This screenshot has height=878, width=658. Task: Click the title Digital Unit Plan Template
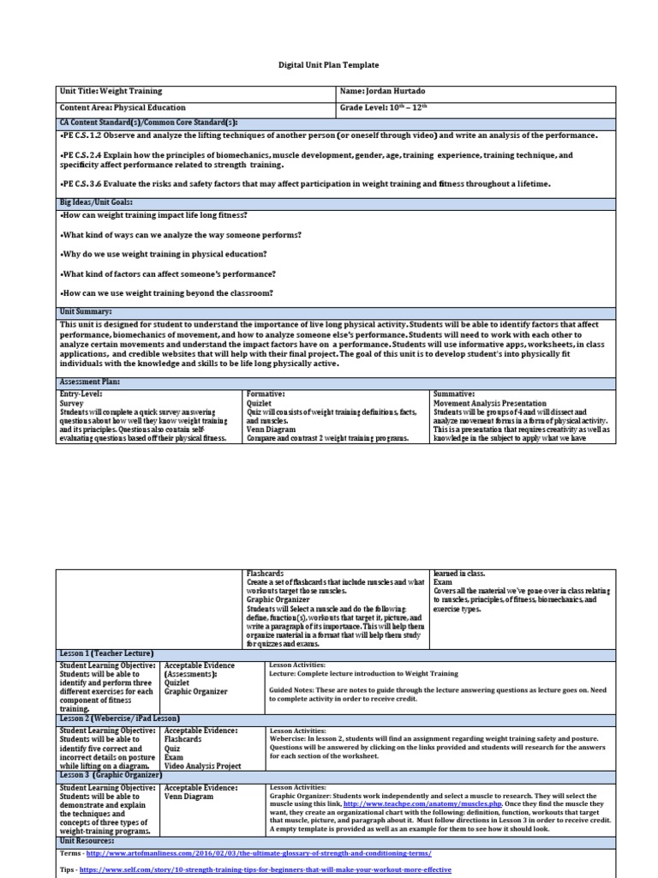coord(329,64)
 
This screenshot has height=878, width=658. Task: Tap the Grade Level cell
coord(383,108)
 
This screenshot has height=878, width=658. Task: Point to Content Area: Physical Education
coord(123,108)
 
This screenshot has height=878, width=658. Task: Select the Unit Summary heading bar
coord(87,312)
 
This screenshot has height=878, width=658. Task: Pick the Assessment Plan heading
coord(89,381)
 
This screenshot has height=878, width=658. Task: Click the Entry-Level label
coord(81,393)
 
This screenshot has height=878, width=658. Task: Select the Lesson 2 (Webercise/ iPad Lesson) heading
coord(119,718)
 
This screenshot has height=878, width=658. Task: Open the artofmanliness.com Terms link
coord(257,854)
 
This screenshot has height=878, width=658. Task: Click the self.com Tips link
coord(265,869)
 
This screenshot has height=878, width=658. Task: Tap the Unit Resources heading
coord(88,841)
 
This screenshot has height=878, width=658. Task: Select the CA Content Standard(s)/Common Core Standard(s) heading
coord(147,123)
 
